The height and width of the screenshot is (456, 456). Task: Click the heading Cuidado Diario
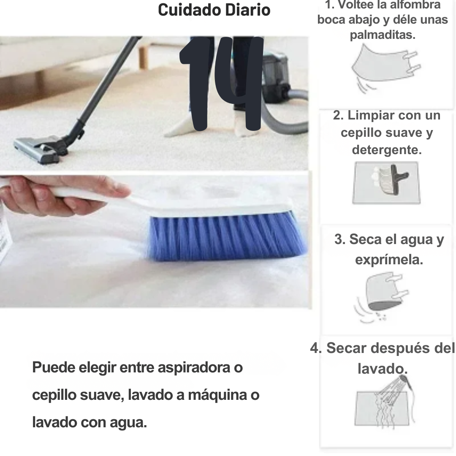click(x=214, y=10)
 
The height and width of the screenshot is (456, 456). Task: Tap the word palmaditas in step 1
click(x=383, y=35)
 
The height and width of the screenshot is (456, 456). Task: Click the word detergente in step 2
click(x=387, y=150)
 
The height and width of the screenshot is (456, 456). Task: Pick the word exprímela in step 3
click(x=389, y=259)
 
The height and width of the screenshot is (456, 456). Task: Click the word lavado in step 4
click(x=383, y=369)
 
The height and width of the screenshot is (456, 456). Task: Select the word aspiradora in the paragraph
click(x=194, y=368)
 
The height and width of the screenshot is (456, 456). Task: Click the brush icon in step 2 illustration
click(x=391, y=179)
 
